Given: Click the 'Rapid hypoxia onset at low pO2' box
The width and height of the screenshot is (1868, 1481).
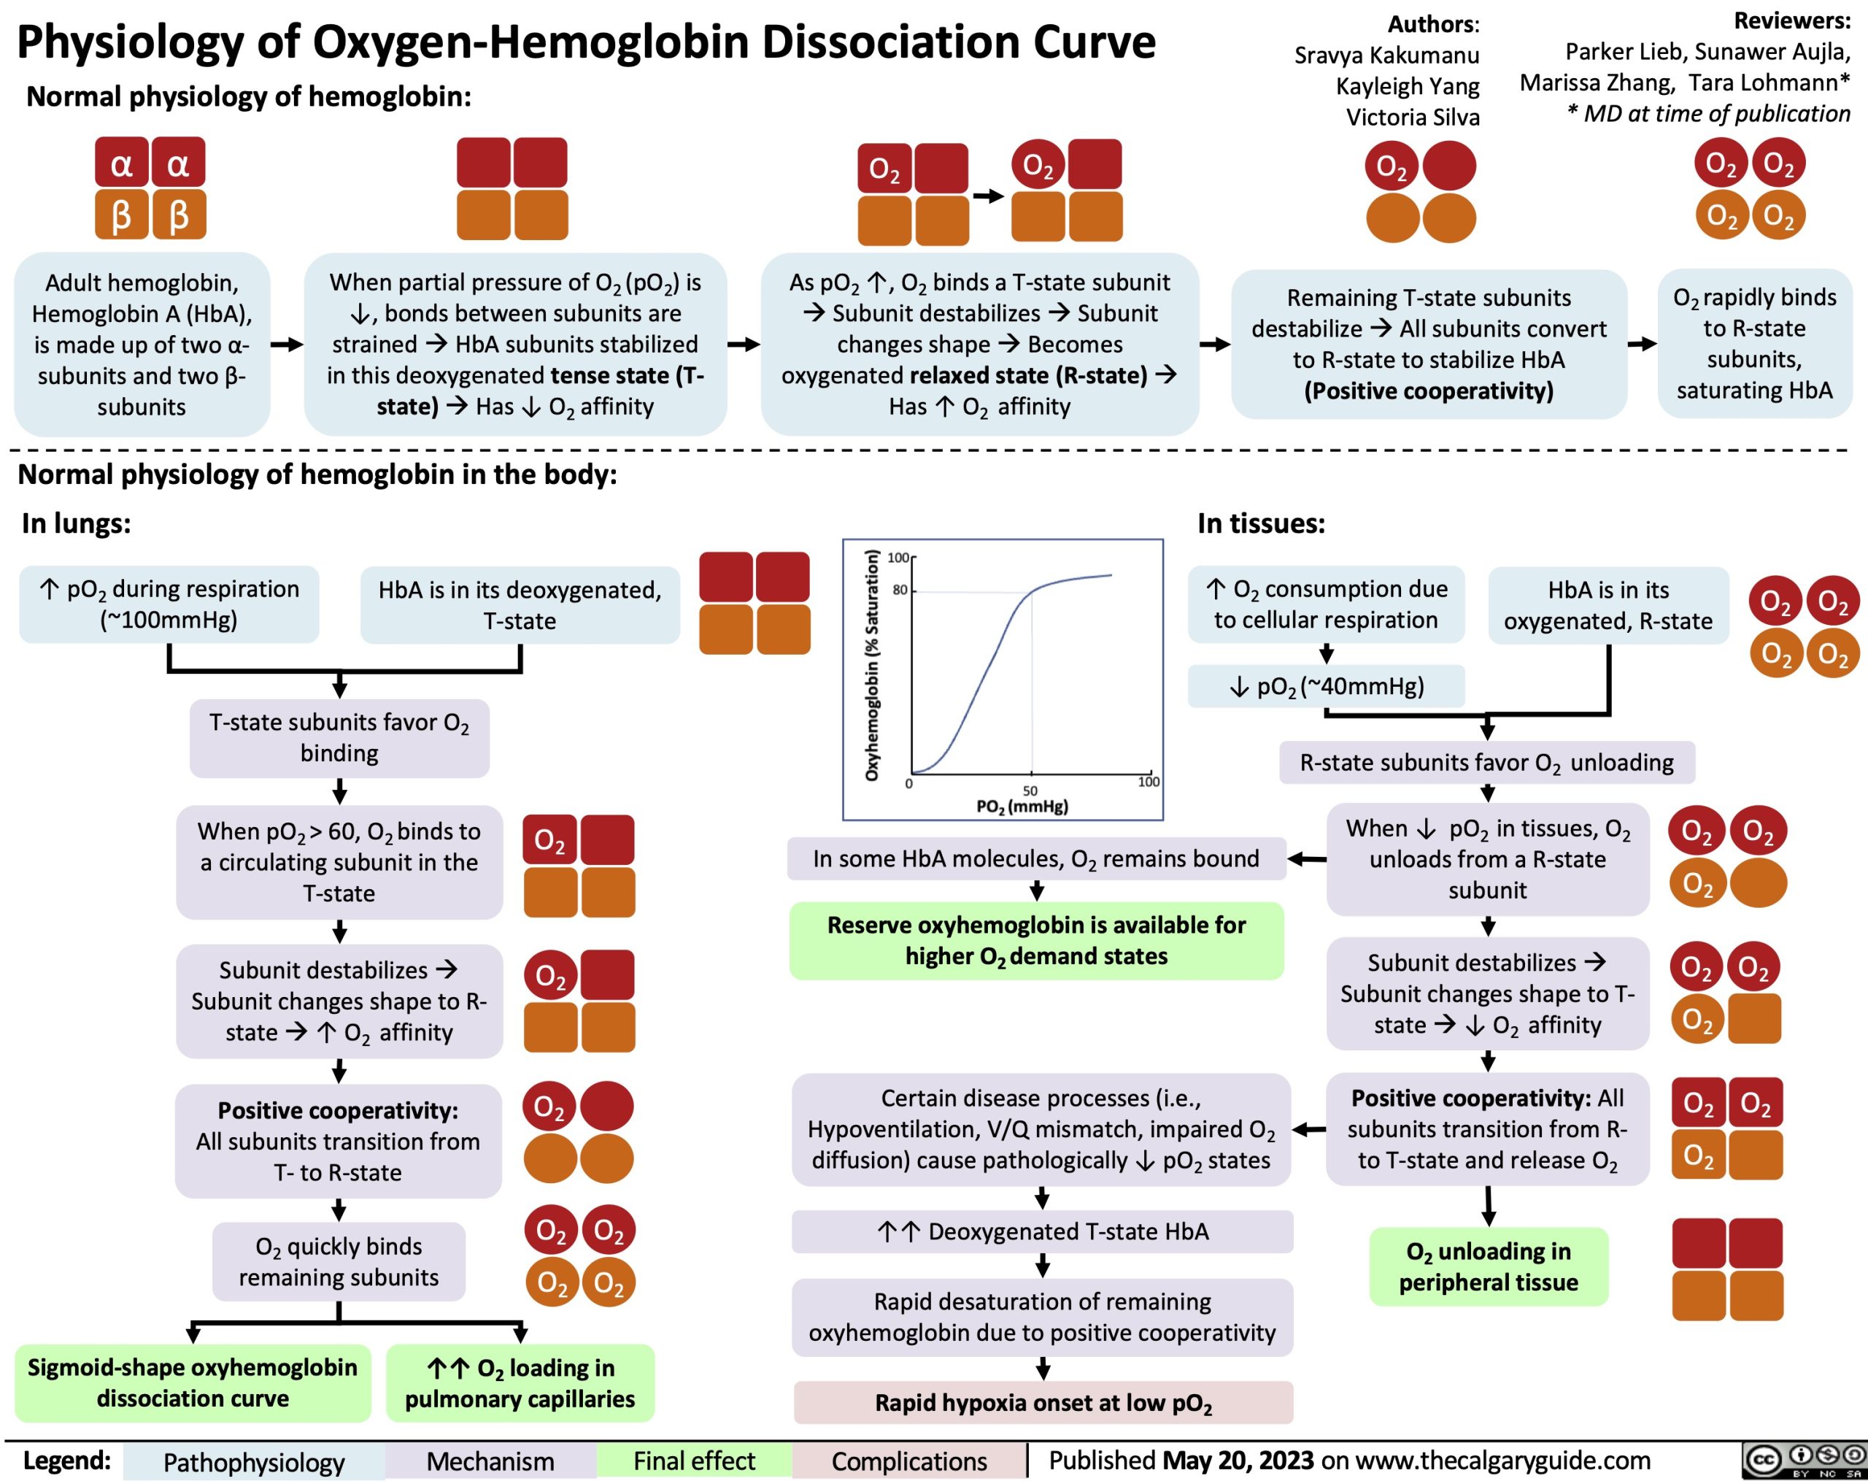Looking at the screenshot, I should (1043, 1403).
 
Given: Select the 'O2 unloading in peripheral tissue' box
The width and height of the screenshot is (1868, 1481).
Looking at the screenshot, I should (1489, 1267).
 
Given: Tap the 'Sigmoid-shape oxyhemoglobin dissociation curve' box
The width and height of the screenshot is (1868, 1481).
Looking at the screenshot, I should (193, 1383).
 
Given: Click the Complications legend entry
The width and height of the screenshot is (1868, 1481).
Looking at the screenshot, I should (909, 1462).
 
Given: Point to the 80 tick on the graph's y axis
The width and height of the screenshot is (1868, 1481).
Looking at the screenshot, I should (900, 591).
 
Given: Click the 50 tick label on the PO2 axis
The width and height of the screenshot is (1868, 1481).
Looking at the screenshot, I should (1030, 790).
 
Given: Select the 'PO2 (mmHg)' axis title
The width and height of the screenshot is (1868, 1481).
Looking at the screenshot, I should (1022, 807).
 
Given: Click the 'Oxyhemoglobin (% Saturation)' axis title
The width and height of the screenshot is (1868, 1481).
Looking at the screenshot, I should (873, 666).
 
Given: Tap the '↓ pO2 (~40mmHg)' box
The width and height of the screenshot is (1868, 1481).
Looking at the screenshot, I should (1326, 686).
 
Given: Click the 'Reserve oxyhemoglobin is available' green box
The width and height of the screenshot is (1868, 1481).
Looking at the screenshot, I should (1036, 940).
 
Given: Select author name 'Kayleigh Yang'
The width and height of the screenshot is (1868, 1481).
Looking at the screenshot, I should (1407, 86).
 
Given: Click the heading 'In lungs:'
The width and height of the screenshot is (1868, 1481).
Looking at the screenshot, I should (76, 523).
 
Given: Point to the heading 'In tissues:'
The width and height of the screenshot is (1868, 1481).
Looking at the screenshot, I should (1261, 523).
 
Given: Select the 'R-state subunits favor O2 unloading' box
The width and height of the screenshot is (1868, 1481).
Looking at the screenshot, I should (1487, 763).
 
